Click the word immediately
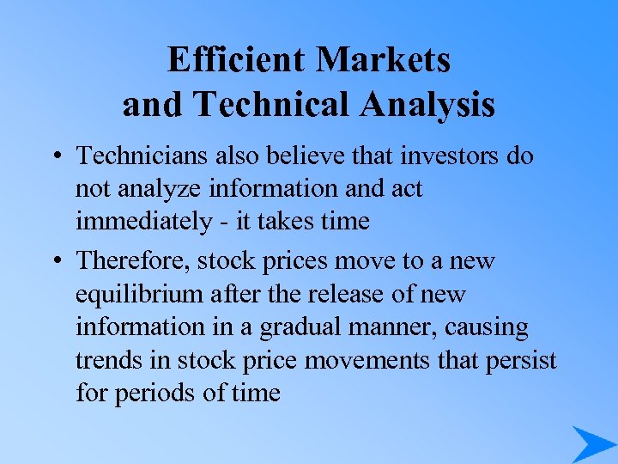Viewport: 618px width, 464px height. click(138, 222)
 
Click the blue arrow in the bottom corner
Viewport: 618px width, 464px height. click(591, 443)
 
